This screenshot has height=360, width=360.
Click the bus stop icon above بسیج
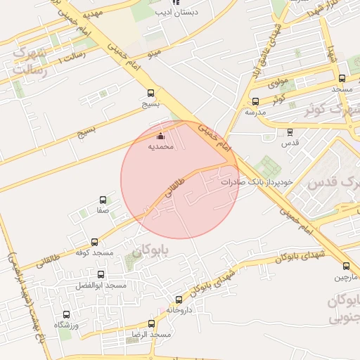(150, 93)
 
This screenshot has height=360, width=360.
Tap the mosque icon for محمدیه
(161, 136)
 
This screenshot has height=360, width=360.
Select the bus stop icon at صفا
(103, 200)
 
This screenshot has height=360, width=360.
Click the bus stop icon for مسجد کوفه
(95, 242)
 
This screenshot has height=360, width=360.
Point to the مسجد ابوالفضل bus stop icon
(101, 275)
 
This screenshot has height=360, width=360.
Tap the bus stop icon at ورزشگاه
(67, 315)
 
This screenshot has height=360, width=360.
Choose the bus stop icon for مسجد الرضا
(151, 324)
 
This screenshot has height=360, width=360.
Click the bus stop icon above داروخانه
(179, 300)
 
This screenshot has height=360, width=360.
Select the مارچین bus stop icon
(345, 266)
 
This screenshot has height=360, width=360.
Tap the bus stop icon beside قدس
(289, 132)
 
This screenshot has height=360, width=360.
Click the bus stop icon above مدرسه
(255, 101)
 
